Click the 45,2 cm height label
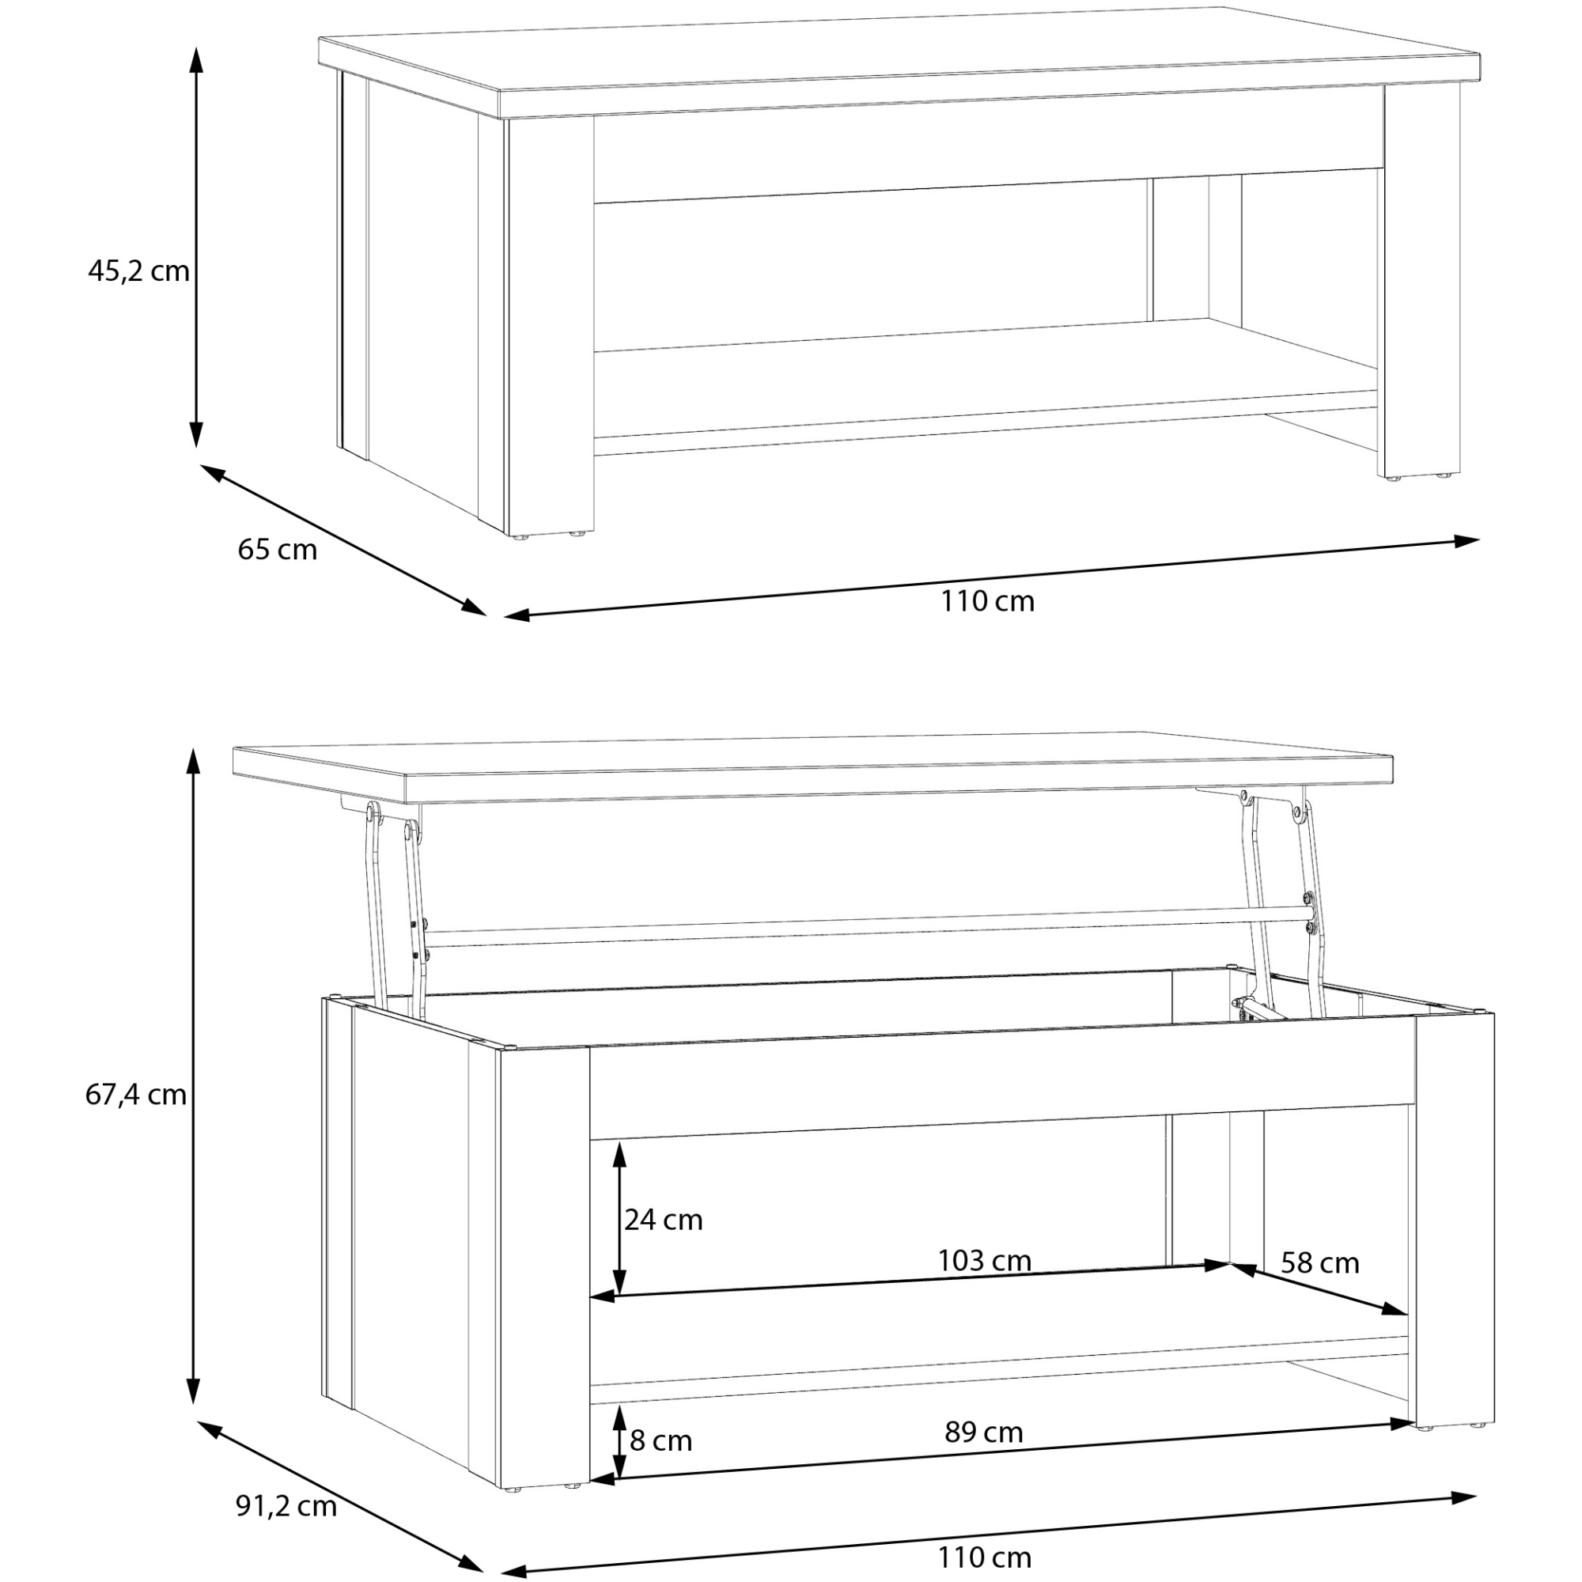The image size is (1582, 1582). [138, 271]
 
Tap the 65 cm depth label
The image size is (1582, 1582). [277, 550]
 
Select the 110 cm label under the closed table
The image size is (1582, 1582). [986, 601]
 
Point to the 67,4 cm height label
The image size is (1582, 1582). [136, 1094]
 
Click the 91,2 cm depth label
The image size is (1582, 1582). [286, 1506]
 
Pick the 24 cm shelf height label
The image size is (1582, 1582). [664, 1219]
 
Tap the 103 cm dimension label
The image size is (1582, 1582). [984, 1260]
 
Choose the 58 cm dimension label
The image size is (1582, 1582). [1320, 1263]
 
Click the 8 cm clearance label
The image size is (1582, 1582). [660, 1440]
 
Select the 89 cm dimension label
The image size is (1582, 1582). [983, 1433]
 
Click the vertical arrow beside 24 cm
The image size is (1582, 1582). [619, 1218]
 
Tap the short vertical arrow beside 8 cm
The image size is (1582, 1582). [619, 1442]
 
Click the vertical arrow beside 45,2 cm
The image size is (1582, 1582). [195, 247]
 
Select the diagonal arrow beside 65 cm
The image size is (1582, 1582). [343, 540]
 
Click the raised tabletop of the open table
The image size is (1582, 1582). [813, 766]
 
